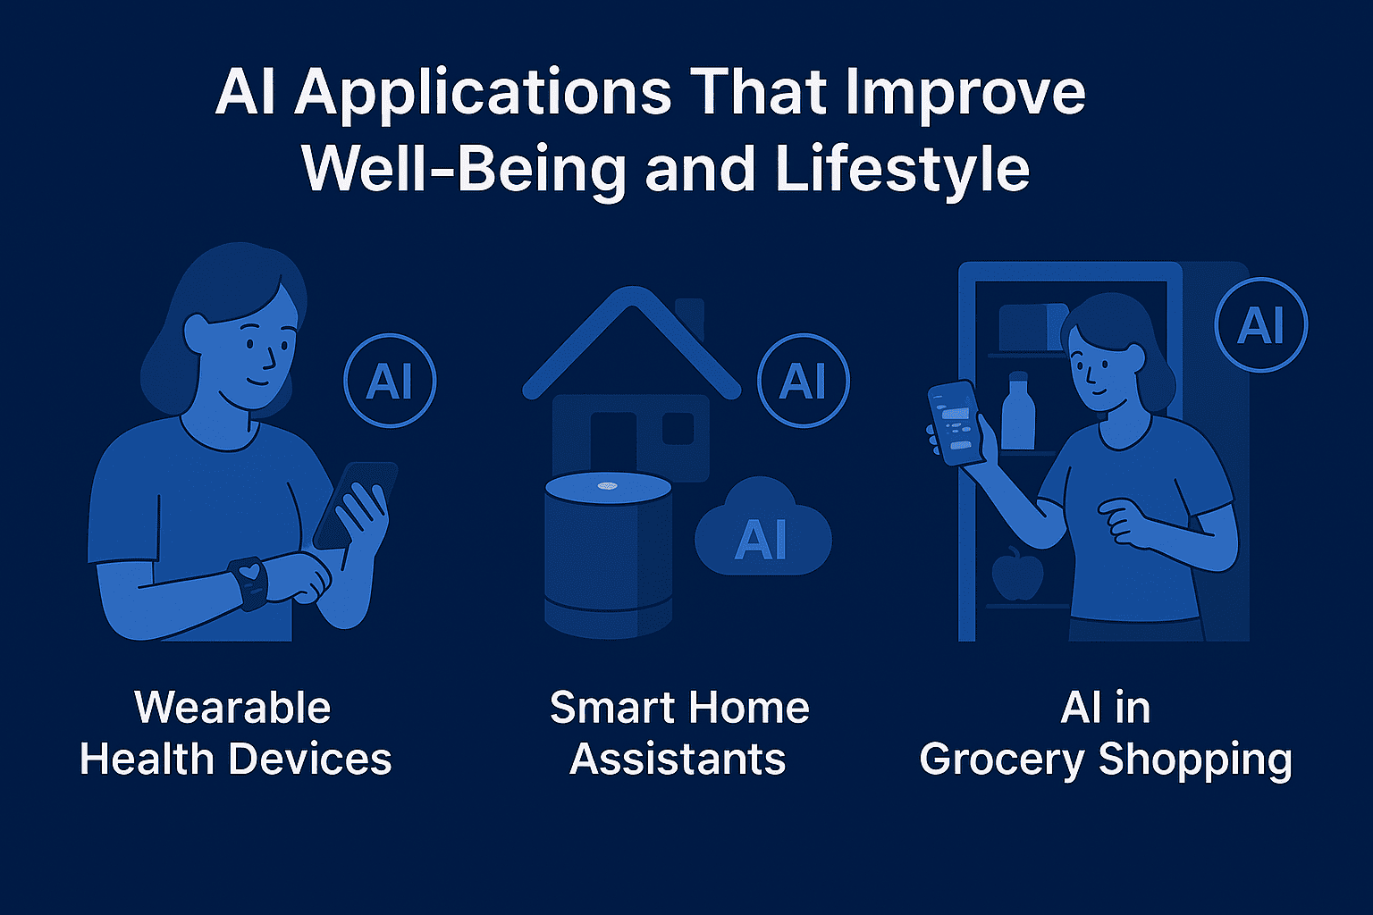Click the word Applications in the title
(x=484, y=94)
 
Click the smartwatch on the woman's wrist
(x=248, y=583)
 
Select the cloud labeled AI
(x=762, y=528)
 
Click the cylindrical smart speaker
(x=608, y=555)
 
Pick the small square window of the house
(x=678, y=428)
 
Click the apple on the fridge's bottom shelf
(x=1017, y=574)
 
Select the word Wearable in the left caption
(x=232, y=708)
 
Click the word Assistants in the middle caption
(x=678, y=760)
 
